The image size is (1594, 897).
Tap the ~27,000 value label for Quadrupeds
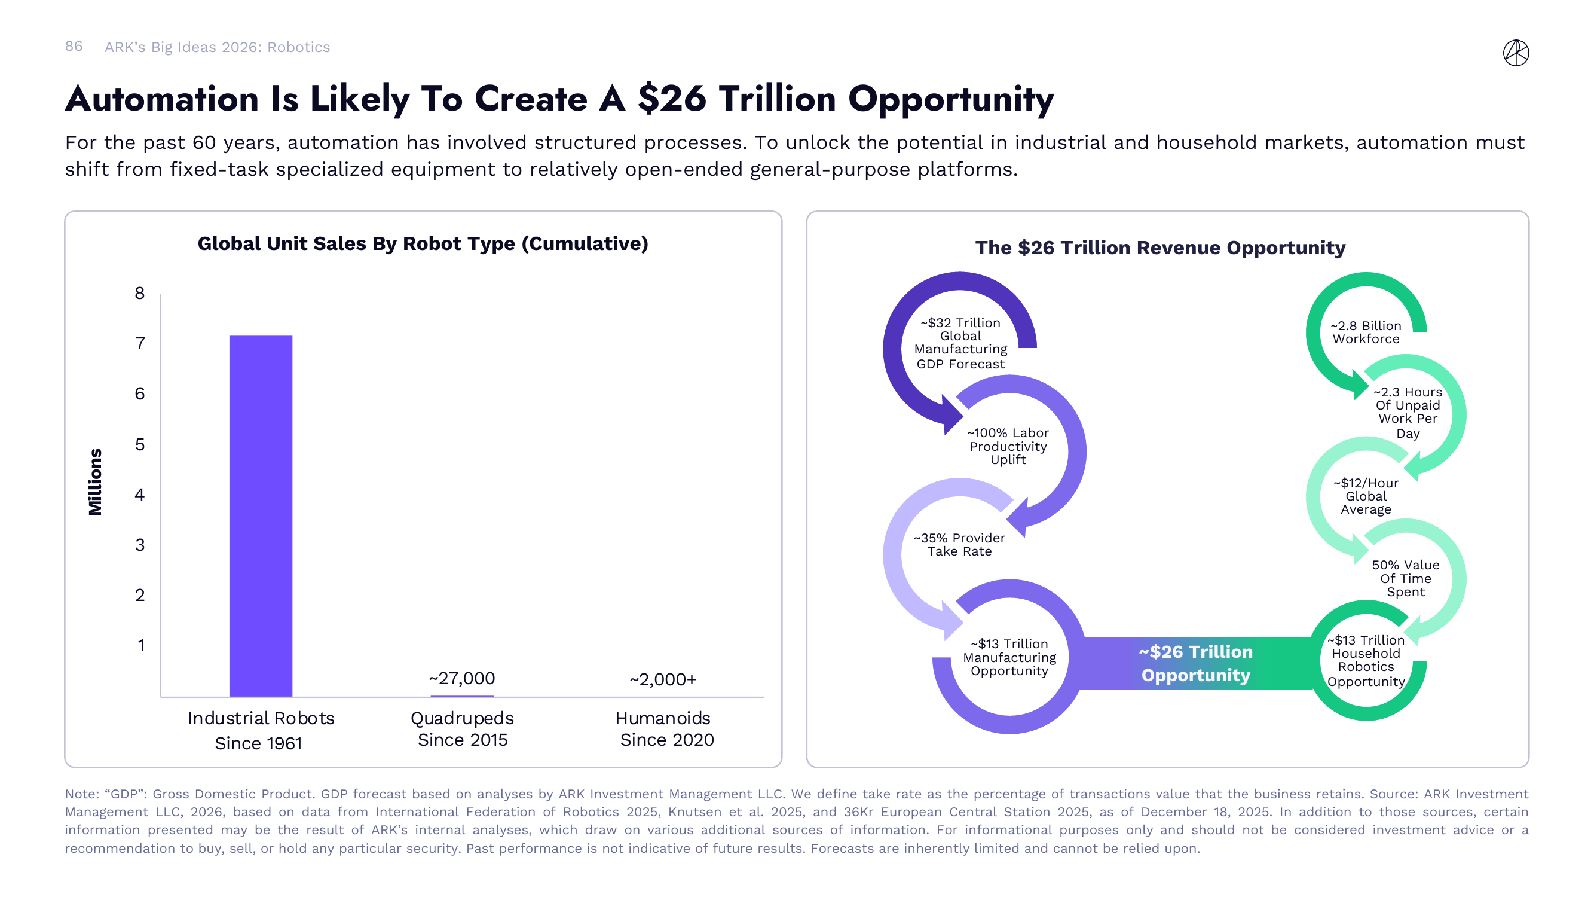point(461,678)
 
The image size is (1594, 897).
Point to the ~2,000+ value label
point(663,679)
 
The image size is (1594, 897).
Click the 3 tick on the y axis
point(140,544)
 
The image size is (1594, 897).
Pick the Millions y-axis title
point(94,481)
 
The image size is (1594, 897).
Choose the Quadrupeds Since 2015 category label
point(462,728)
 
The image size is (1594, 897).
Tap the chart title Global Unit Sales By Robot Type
point(423,243)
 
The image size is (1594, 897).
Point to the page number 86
point(74,47)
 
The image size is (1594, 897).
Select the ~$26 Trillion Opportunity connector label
point(1195,663)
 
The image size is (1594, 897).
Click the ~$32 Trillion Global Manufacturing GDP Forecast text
point(960,343)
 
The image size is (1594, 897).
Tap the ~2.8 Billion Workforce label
point(1366,332)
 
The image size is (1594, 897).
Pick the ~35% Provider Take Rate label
point(959,544)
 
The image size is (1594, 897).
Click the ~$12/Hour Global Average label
point(1366,496)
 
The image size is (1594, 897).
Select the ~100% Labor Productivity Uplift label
point(1008,446)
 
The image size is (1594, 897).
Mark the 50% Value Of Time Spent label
point(1405,578)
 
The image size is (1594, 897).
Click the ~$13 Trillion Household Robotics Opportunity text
point(1366,661)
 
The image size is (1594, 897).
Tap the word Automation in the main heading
point(161,99)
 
